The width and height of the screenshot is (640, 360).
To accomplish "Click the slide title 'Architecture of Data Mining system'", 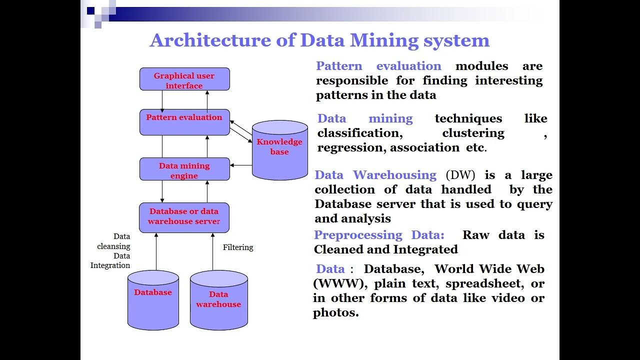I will pyautogui.click(x=319, y=40).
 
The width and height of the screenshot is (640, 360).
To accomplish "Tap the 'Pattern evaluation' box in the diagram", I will pyautogui.click(x=184, y=121).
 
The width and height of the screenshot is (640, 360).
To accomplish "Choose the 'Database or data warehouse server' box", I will pyautogui.click(x=184, y=217).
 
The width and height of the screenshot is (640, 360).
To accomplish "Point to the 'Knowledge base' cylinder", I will pyautogui.click(x=279, y=149).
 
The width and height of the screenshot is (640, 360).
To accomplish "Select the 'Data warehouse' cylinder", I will pyautogui.click(x=218, y=300).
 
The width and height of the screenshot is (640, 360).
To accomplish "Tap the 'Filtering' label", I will pyautogui.click(x=238, y=247).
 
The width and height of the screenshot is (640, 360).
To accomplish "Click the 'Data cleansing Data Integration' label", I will pyautogui.click(x=111, y=251).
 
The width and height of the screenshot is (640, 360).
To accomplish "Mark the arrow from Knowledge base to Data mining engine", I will pyautogui.click(x=241, y=165).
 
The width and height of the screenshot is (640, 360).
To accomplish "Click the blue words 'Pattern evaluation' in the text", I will pyautogui.click(x=378, y=66).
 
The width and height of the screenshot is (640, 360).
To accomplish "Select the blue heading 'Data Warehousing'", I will pyautogui.click(x=375, y=175).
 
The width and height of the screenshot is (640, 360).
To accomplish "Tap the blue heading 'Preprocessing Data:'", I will pyautogui.click(x=379, y=235).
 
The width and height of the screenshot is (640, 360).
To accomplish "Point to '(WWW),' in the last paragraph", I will pyautogui.click(x=340, y=283).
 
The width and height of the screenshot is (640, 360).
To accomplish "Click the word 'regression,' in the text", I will pyautogui.click(x=351, y=147).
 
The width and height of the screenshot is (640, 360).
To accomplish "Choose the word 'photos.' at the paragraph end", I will pyautogui.click(x=336, y=313).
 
